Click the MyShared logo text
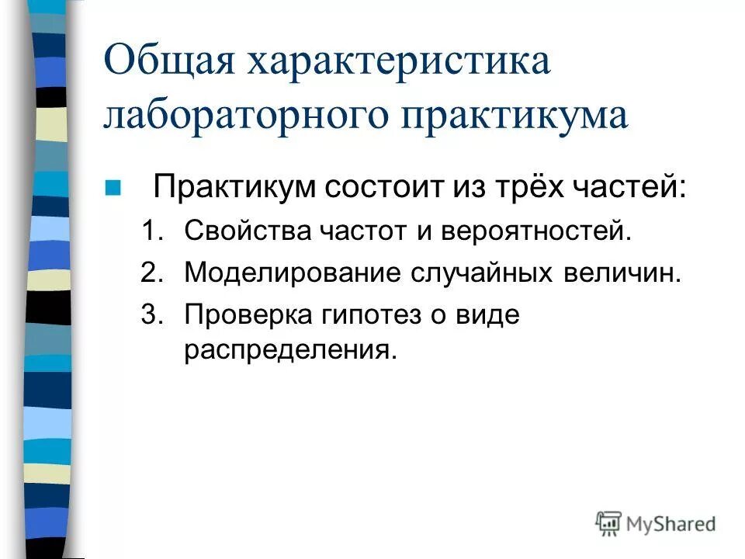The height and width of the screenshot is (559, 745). tap(672, 524)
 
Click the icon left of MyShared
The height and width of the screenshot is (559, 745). tap(609, 523)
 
